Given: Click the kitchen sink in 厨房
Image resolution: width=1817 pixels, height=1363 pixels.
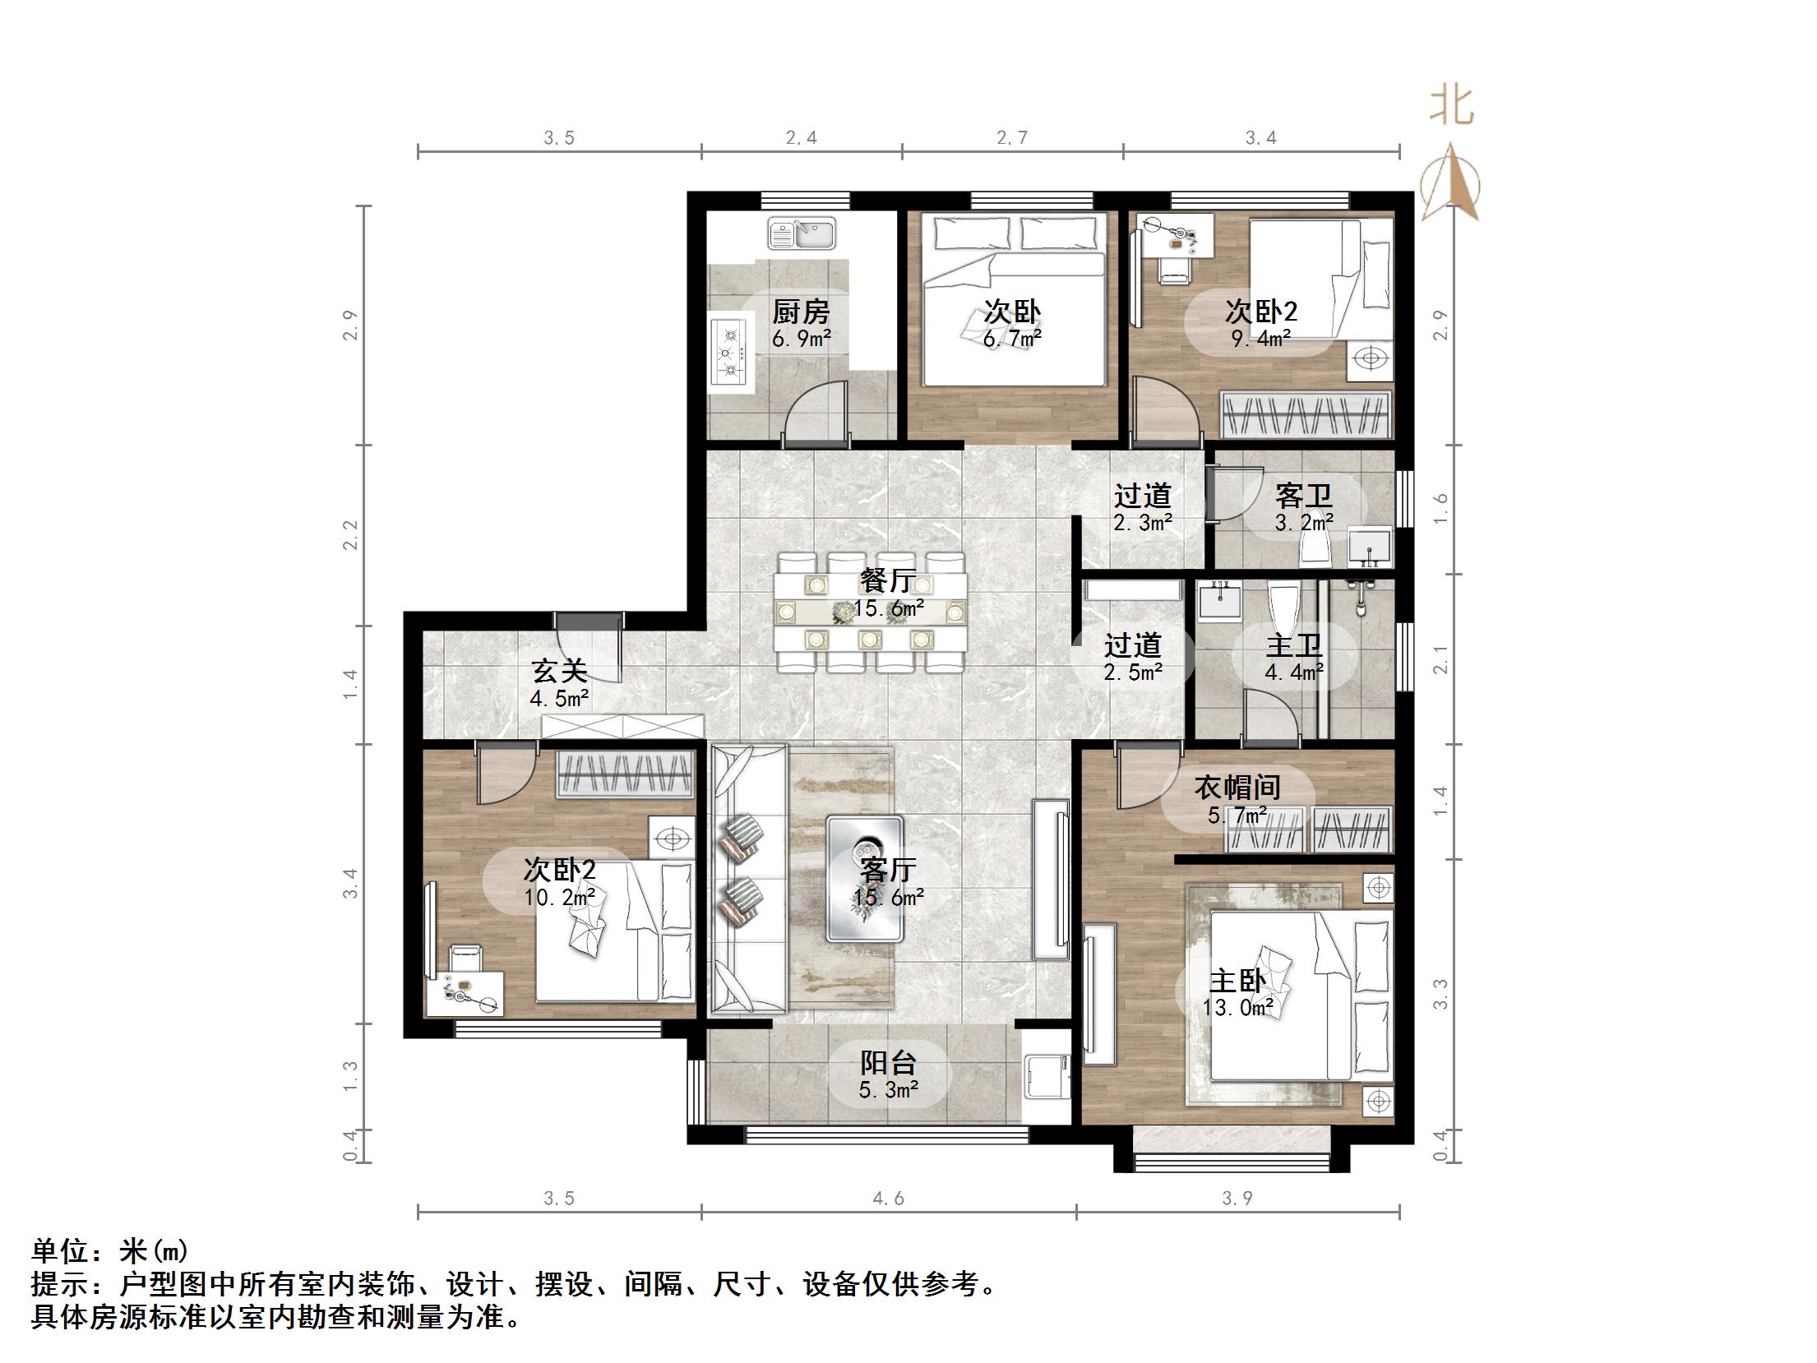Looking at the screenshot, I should pyautogui.click(x=801, y=234).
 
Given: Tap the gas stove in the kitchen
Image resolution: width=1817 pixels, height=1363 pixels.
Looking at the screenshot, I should pyautogui.click(x=728, y=352).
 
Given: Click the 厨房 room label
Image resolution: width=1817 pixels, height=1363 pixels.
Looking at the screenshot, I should pyautogui.click(x=801, y=312).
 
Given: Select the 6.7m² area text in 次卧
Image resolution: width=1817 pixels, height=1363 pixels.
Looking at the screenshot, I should pyautogui.click(x=1012, y=338).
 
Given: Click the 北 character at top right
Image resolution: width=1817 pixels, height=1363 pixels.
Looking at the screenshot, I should pyautogui.click(x=1451, y=107).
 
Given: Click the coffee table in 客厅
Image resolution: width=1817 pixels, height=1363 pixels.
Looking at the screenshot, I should pyautogui.click(x=865, y=877).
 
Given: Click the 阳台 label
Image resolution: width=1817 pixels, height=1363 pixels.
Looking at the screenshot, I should pyautogui.click(x=888, y=1063).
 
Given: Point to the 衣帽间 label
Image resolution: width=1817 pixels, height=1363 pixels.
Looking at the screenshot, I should pyautogui.click(x=1237, y=788).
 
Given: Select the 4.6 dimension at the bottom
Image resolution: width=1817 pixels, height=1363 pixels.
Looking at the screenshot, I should pyautogui.click(x=888, y=1199).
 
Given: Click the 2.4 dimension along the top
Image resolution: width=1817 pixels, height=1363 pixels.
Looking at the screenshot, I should pyautogui.click(x=801, y=138).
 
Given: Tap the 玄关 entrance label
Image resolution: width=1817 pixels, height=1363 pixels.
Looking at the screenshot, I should pyautogui.click(x=559, y=672).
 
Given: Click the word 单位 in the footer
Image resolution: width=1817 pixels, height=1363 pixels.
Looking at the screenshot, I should pyautogui.click(x=59, y=1251).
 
